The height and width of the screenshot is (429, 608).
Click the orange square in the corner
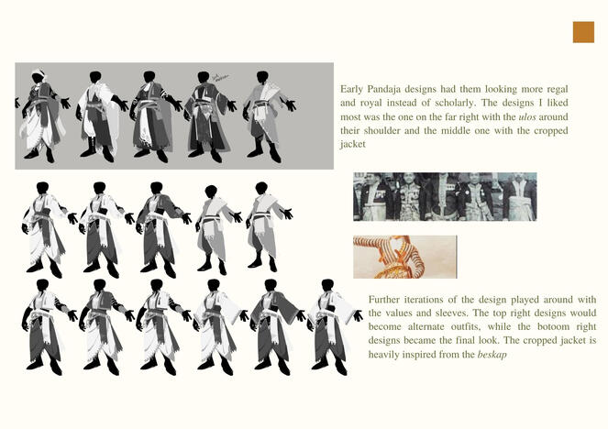point(583,32)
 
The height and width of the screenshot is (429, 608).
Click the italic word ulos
point(527,116)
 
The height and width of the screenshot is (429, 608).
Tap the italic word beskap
point(492,354)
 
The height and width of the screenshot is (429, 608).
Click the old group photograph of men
point(445,197)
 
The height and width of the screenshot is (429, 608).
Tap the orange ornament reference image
point(404,257)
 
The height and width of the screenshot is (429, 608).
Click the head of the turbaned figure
point(38,76)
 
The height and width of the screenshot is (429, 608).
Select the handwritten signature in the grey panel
point(221,78)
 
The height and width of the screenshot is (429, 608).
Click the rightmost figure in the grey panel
point(269,116)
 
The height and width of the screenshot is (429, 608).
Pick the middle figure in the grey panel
point(155,116)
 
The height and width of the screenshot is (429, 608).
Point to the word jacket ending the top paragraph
point(353,145)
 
